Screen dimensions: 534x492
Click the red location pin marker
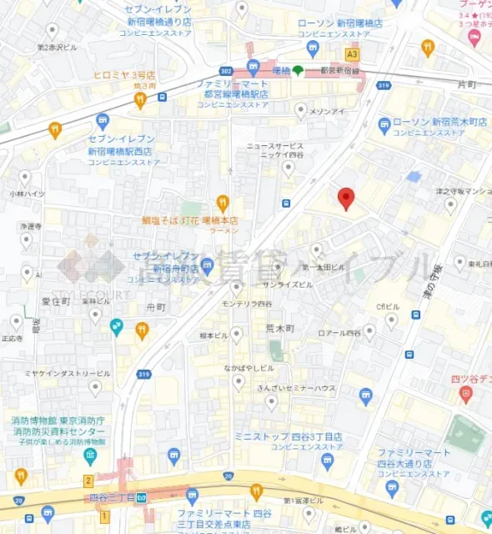346,198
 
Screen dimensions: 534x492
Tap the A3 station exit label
352,53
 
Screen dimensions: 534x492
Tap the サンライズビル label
288,284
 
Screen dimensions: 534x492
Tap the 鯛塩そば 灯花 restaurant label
190,222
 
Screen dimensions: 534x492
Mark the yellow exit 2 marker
88,481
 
